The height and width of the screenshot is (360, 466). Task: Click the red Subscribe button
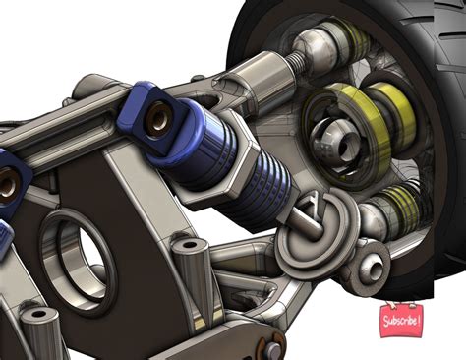click(x=402, y=319)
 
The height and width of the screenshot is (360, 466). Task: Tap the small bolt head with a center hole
click(x=373, y=263)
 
